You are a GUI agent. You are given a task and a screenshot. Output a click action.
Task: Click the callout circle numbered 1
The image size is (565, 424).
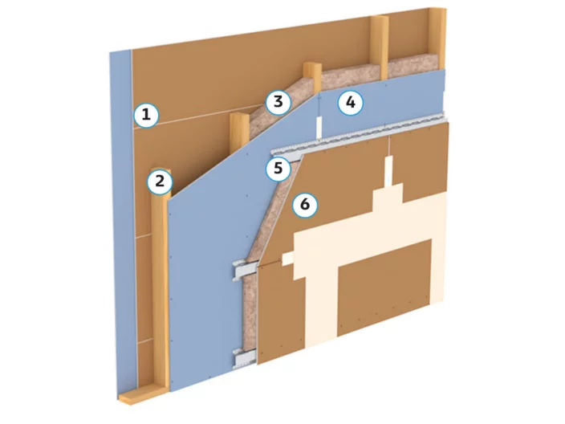(146, 116)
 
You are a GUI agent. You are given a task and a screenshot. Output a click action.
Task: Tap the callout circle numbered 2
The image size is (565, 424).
(160, 181)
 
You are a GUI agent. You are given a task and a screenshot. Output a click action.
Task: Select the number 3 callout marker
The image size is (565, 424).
(278, 102)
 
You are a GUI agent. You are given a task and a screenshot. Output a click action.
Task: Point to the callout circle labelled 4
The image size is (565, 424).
(350, 103)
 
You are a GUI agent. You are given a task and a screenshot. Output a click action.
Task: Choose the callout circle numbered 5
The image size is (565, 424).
(278, 169)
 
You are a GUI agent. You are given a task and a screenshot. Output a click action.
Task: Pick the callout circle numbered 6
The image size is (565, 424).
(305, 205)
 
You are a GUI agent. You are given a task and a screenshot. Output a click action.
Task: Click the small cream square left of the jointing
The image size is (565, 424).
(287, 258)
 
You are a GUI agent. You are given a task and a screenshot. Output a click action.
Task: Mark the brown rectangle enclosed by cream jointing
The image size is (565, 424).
(384, 287)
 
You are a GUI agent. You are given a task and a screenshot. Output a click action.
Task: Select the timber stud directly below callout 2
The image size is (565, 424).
(160, 288)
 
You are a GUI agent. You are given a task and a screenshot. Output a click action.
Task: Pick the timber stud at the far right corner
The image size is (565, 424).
(437, 39)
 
